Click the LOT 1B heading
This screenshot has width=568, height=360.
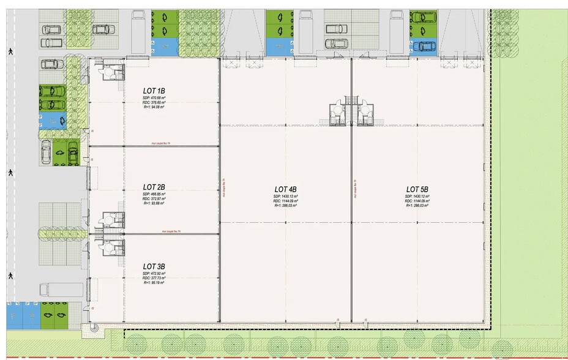[154, 91]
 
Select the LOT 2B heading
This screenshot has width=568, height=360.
[154, 187]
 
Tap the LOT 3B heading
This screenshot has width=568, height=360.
[154, 266]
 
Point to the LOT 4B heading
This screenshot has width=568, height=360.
[286, 189]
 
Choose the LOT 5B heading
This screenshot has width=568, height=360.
[417, 189]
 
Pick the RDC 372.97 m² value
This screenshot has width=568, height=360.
[154, 199]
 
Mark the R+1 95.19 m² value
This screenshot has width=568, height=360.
[154, 283]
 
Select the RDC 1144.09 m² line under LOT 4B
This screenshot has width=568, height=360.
[286, 201]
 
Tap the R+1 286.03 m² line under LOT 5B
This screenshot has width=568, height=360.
[417, 206]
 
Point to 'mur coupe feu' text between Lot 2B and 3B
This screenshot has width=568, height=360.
[172, 232]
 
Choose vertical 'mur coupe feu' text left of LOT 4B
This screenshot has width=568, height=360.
[224, 188]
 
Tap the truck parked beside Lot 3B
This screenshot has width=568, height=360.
[61, 289]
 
